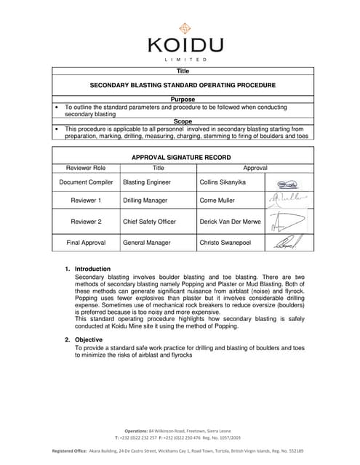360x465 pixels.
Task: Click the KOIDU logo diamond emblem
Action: (185, 29)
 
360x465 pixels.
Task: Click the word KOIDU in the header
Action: (183, 46)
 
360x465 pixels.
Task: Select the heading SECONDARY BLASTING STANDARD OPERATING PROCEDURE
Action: (183, 85)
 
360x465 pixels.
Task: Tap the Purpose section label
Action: (183, 99)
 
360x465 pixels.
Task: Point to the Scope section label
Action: (183, 121)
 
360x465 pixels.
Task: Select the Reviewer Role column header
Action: (86, 167)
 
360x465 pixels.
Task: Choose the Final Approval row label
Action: (86, 243)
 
